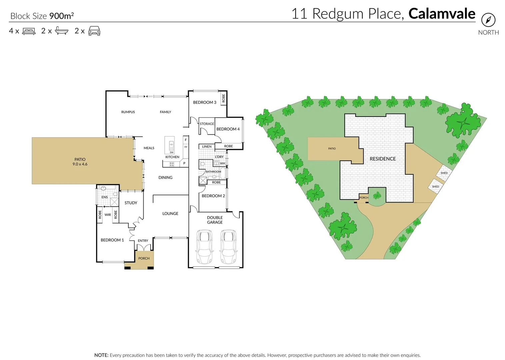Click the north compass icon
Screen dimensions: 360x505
pos(488,20)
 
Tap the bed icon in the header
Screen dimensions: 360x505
pos(29,31)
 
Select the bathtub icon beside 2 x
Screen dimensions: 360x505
pos(62,31)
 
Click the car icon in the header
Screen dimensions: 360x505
pos(94,31)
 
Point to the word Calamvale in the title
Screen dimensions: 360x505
pos(442,14)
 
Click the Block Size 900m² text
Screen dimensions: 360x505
pos(42,16)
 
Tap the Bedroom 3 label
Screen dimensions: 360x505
pos(205,102)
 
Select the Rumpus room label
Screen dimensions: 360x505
pos(128,112)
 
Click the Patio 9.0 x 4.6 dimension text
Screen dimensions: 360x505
pos(80,164)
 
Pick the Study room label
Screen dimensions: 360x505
pos(131,203)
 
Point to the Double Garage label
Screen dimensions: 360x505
pos(215,220)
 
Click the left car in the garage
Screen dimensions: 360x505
pos(204,247)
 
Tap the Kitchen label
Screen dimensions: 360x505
pos(172,157)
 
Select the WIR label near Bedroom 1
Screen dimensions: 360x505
pos(108,215)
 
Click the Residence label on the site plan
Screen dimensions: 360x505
pos(383,159)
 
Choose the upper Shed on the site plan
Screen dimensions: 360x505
pos(444,173)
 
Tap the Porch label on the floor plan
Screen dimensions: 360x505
pos(144,258)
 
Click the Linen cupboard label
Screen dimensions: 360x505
pos(207,147)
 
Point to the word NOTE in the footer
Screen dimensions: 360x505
pos(101,355)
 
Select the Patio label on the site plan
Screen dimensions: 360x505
pos(332,149)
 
